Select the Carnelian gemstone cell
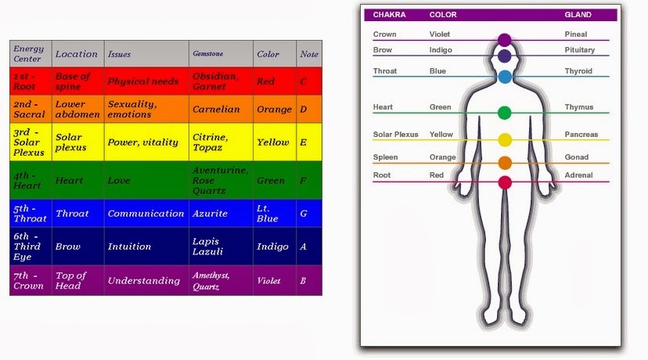216,110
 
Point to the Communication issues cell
146,214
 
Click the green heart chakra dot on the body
505,113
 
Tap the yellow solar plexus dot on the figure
505,140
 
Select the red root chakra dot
505,182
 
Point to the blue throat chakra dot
505,77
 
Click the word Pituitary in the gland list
579,50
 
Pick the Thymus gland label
578,107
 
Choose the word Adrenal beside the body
578,175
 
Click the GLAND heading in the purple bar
578,15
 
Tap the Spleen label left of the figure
385,157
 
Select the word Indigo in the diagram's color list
441,50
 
